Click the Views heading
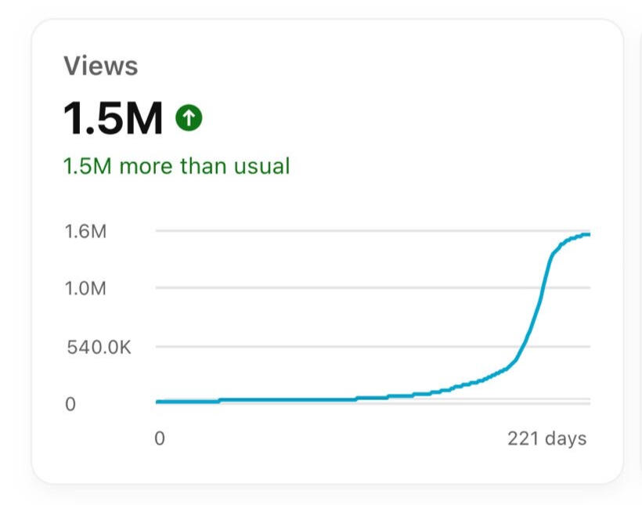click(x=100, y=67)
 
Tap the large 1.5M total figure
click(x=113, y=118)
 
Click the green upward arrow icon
click(x=189, y=118)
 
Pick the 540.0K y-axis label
click(x=99, y=346)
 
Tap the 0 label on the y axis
click(x=70, y=404)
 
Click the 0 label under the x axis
click(x=160, y=438)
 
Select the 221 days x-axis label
click(x=546, y=438)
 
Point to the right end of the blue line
click(x=589, y=234)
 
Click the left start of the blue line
click(x=157, y=402)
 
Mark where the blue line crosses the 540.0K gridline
click(x=523, y=346)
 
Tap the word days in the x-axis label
click(x=565, y=438)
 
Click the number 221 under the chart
click(x=523, y=438)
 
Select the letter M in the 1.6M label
click(x=97, y=231)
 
